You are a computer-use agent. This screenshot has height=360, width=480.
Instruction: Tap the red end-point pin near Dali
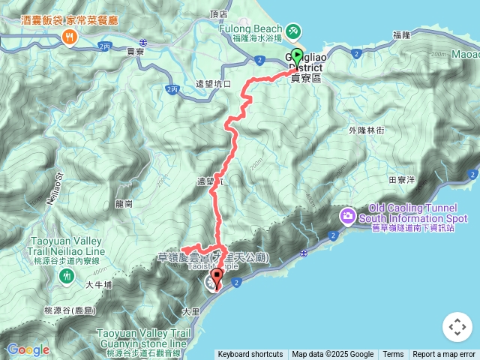pyautogui.click(x=217, y=279)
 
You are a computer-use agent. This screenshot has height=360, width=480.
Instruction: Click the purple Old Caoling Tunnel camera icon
pyautogui.click(x=348, y=217)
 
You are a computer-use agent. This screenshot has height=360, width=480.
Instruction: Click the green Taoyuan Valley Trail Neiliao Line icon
pyautogui.click(x=67, y=276)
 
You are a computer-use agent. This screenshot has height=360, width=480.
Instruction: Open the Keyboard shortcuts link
pyautogui.click(x=250, y=355)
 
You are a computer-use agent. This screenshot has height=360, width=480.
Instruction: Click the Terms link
pyautogui.click(x=393, y=355)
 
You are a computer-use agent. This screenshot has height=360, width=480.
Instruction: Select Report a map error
pyautogui.click(x=444, y=355)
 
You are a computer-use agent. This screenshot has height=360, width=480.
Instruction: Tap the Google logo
pyautogui.click(x=28, y=349)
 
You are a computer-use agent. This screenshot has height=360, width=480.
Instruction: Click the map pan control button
pyautogui.click(x=457, y=327)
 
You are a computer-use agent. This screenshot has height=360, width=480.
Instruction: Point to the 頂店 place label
pyautogui.click(x=219, y=13)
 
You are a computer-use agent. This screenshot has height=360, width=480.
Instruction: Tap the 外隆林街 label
pyautogui.click(x=367, y=130)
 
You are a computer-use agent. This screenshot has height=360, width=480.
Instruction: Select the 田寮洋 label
pyautogui.click(x=402, y=180)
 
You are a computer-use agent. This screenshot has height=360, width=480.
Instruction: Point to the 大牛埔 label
pyautogui.click(x=98, y=284)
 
